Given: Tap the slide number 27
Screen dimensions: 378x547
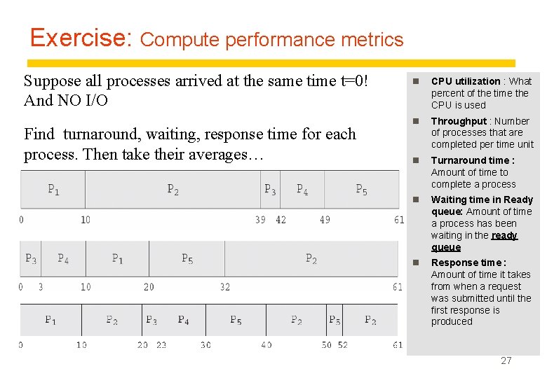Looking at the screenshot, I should pos(506,360).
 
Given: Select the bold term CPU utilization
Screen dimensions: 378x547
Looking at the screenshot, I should pos(466,81).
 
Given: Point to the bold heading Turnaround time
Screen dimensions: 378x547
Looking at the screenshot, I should pos(473,160).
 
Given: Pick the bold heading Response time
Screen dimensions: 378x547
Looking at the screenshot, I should pos(468,262).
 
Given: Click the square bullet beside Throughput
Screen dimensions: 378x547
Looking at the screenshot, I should pos(415,122).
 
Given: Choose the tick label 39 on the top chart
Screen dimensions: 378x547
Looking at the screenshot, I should pos(261,220).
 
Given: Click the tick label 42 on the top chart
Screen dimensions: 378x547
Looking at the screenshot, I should pos(281,220).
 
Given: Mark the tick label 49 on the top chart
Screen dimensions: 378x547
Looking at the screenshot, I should pos(325,220).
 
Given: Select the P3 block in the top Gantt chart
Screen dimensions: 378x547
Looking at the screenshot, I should pos(270,189).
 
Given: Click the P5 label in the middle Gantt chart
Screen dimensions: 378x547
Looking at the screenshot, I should pos(187,259).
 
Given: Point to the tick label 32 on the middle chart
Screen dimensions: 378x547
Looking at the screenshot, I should pos(224,287).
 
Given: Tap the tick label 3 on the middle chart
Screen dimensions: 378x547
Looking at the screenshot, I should pos(41,287).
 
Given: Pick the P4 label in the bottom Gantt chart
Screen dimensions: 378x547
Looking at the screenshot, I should pos(183,320).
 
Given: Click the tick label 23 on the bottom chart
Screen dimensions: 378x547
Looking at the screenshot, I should pos(161,345).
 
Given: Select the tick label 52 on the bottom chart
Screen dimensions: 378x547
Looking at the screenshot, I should pos(342,345).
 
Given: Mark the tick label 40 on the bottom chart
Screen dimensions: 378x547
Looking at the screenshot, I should pos(266,345).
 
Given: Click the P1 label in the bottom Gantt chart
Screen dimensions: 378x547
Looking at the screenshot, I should pos(50,320).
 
